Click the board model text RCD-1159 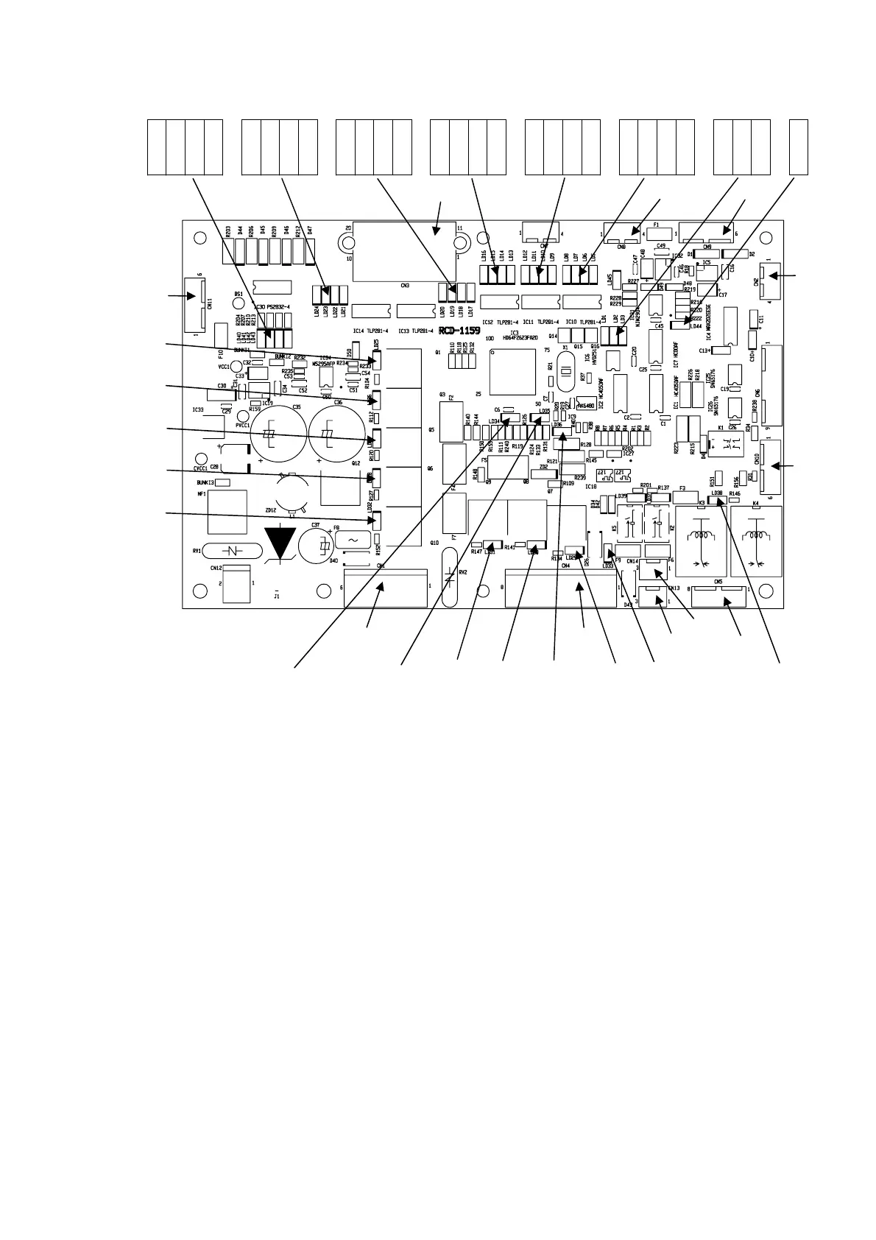pyautogui.click(x=459, y=331)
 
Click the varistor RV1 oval pyautogui.click(x=232, y=551)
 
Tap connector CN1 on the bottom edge pyautogui.click(x=385, y=587)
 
